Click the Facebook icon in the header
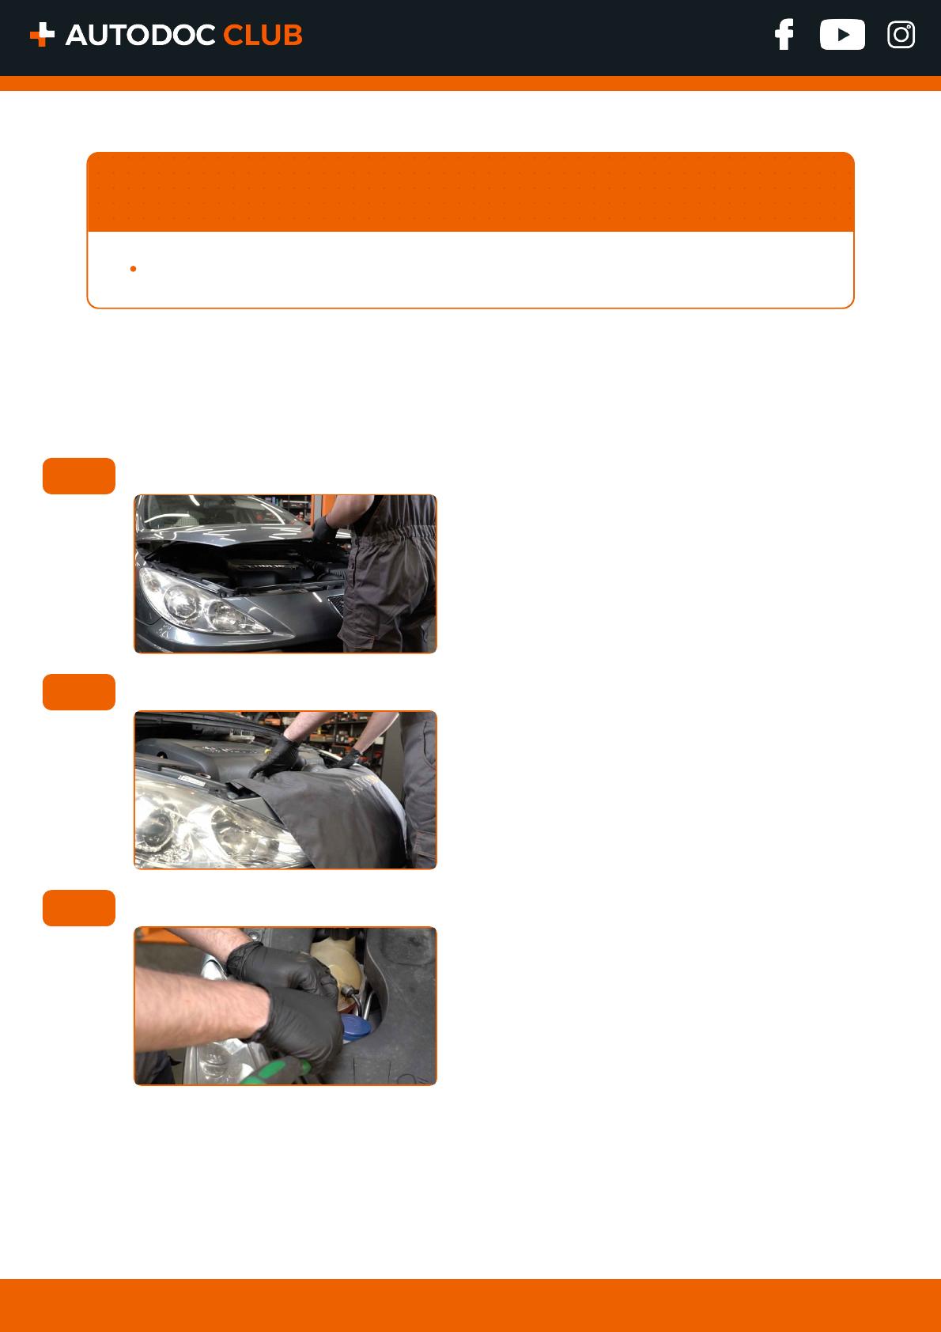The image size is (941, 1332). pyautogui.click(x=784, y=35)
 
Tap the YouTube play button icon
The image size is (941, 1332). pyautogui.click(x=841, y=35)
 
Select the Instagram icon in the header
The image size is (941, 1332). pyautogui.click(x=901, y=35)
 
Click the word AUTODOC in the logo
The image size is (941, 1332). pyautogui.click(x=140, y=35)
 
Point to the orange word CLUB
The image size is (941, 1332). pyautogui.click(x=263, y=35)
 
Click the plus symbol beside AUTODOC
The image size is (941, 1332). pyautogui.click(x=42, y=35)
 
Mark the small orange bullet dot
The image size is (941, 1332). pyautogui.click(x=133, y=269)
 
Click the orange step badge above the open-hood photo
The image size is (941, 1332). pyautogui.click(x=78, y=475)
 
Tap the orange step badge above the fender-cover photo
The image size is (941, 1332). pyautogui.click(x=78, y=691)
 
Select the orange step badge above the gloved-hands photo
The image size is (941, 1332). pyautogui.click(x=78, y=907)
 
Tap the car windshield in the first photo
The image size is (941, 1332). pyautogui.click(x=220, y=512)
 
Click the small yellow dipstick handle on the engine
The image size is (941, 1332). pyautogui.click(x=268, y=751)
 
